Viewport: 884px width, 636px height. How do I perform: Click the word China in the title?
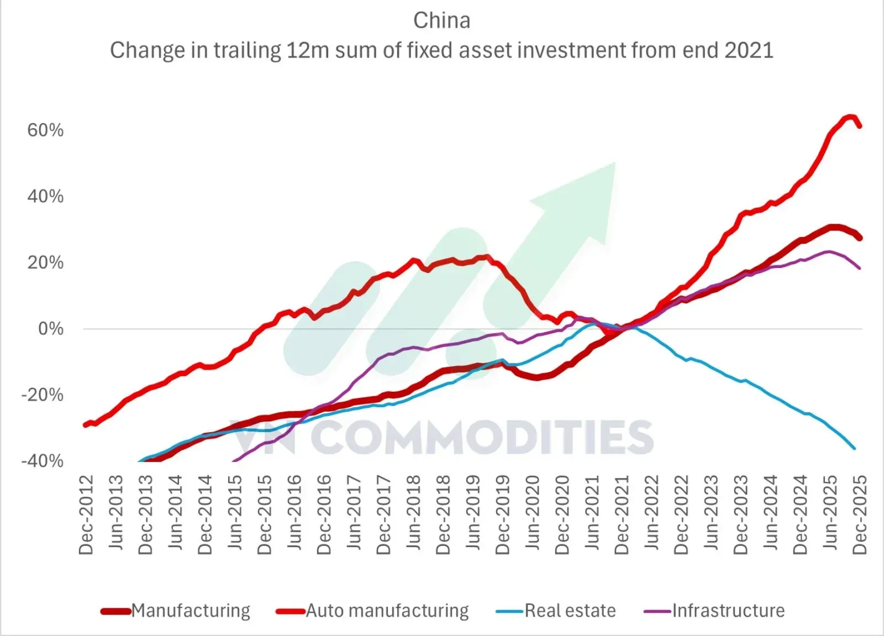(441, 20)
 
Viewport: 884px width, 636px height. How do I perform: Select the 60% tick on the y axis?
(45, 130)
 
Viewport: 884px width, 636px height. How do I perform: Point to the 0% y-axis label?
(50, 328)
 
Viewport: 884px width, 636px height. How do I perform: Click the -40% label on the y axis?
(42, 461)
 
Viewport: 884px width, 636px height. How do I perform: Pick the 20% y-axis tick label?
(45, 262)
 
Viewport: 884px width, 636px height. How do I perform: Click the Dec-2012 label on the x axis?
(86, 515)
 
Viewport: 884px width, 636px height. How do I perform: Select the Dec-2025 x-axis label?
(860, 515)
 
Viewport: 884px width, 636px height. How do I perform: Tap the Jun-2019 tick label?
(473, 512)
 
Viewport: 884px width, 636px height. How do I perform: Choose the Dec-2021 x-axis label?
(622, 515)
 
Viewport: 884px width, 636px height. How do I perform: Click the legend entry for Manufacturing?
(176, 611)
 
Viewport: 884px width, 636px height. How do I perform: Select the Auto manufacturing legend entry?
(372, 611)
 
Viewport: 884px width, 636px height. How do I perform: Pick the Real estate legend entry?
(556, 611)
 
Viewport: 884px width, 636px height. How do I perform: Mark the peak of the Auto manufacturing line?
(850, 117)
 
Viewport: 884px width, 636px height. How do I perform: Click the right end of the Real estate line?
(854, 449)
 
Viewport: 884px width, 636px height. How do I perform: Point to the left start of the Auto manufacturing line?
(85, 425)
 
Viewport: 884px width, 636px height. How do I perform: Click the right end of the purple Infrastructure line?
(860, 269)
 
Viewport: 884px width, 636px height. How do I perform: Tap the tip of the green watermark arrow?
(615, 162)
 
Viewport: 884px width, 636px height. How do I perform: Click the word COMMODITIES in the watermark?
(482, 437)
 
